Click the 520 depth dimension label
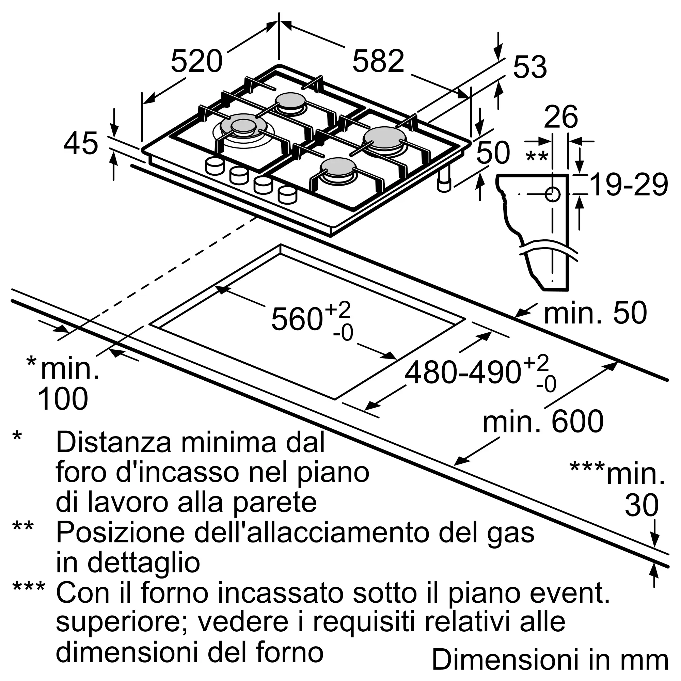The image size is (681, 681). tap(197, 61)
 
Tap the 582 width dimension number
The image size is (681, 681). tap(378, 61)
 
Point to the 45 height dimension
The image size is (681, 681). tap(81, 143)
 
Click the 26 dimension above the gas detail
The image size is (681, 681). tap(561, 116)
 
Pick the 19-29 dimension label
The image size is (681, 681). tap(629, 185)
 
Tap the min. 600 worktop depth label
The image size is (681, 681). tap(543, 422)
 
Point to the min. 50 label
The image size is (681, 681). tap(595, 313)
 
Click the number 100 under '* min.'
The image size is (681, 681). tap(63, 399)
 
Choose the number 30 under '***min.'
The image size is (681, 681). tap(642, 505)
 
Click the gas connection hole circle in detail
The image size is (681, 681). tap(552, 194)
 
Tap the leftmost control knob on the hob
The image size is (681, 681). tap(214, 166)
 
